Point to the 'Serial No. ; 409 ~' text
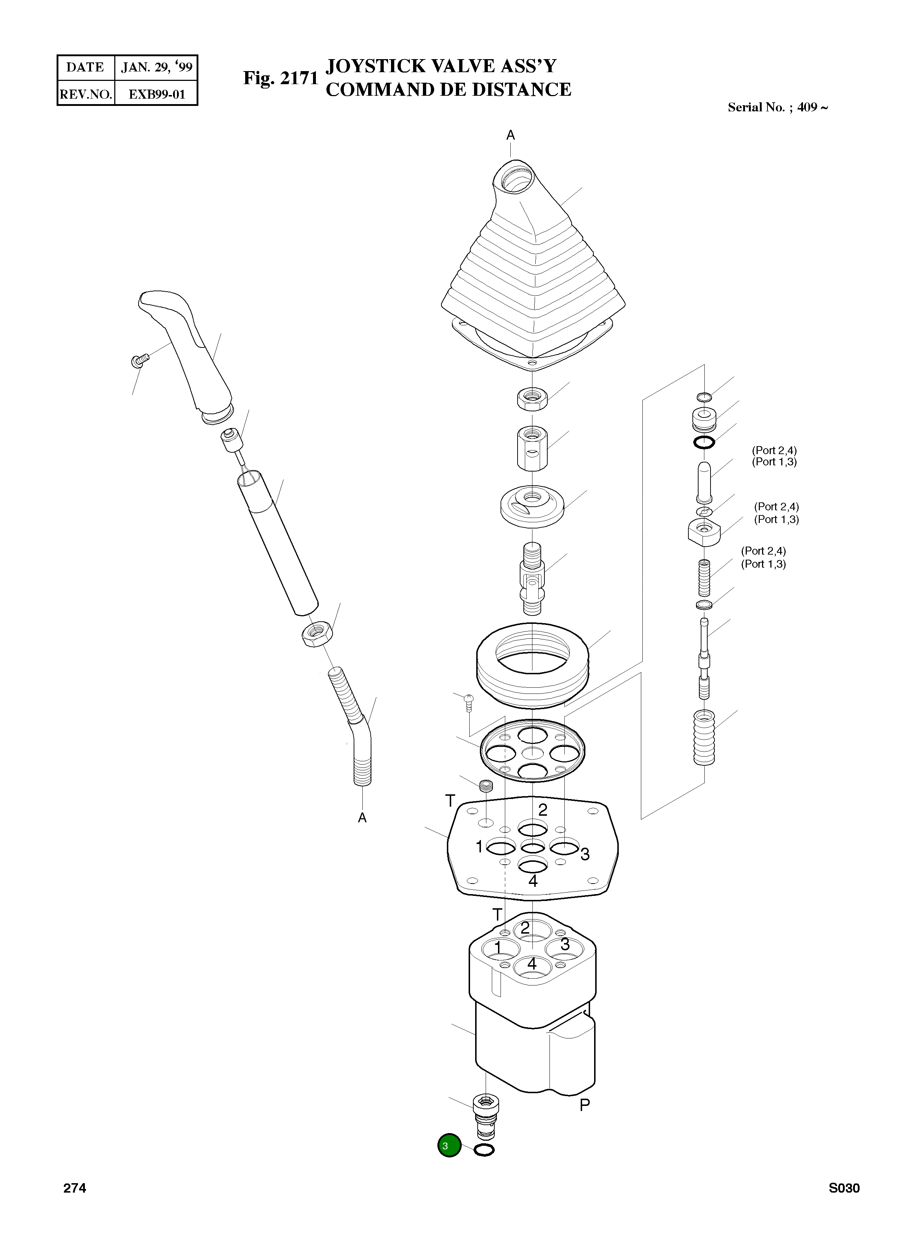(777, 107)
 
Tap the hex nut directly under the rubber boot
(532, 398)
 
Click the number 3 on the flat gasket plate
(585, 854)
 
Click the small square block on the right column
(704, 532)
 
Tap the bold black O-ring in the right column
(704, 442)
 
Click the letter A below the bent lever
(362, 818)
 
